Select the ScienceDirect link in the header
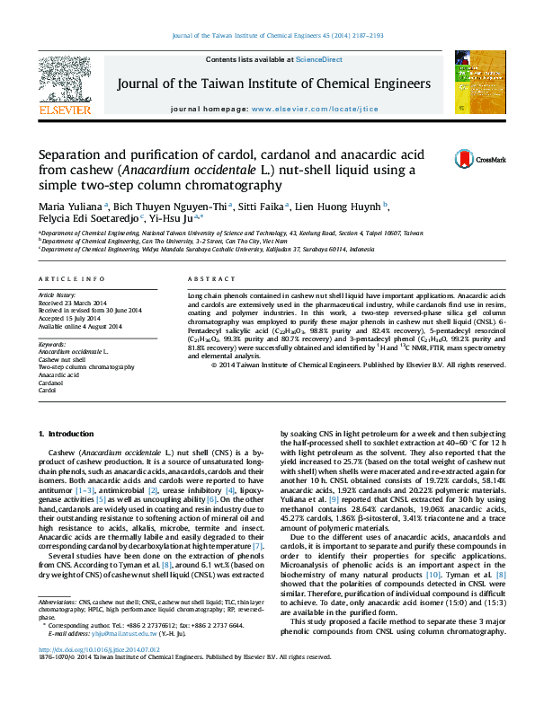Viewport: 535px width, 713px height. click(x=319, y=59)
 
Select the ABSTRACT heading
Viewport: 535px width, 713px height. click(x=203, y=280)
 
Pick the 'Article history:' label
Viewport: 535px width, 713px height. click(x=58, y=295)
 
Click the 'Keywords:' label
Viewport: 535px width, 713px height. click(x=52, y=344)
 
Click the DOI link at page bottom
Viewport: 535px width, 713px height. click(x=99, y=673)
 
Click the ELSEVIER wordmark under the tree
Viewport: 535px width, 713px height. click(x=64, y=110)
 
